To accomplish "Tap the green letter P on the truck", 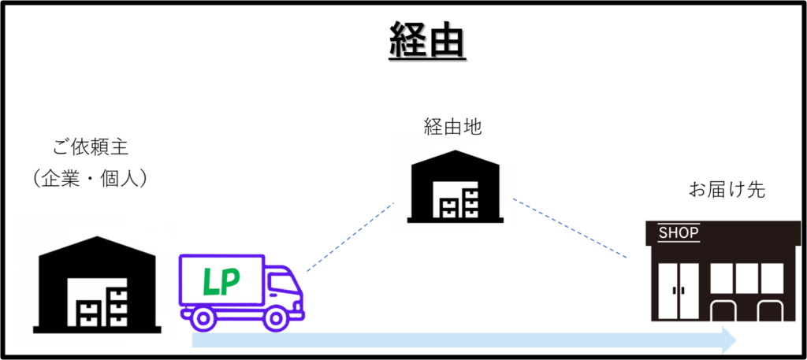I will (x=230, y=282).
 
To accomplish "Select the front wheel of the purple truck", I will (x=276, y=318).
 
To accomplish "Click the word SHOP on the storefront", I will (x=679, y=233).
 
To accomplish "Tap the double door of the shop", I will (x=678, y=290).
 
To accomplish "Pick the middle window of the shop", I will (x=746, y=278).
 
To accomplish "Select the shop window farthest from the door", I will (x=772, y=278).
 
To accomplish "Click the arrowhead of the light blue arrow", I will (x=727, y=340).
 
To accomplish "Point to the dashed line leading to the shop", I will (x=570, y=228).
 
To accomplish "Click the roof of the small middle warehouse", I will (x=452, y=158).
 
